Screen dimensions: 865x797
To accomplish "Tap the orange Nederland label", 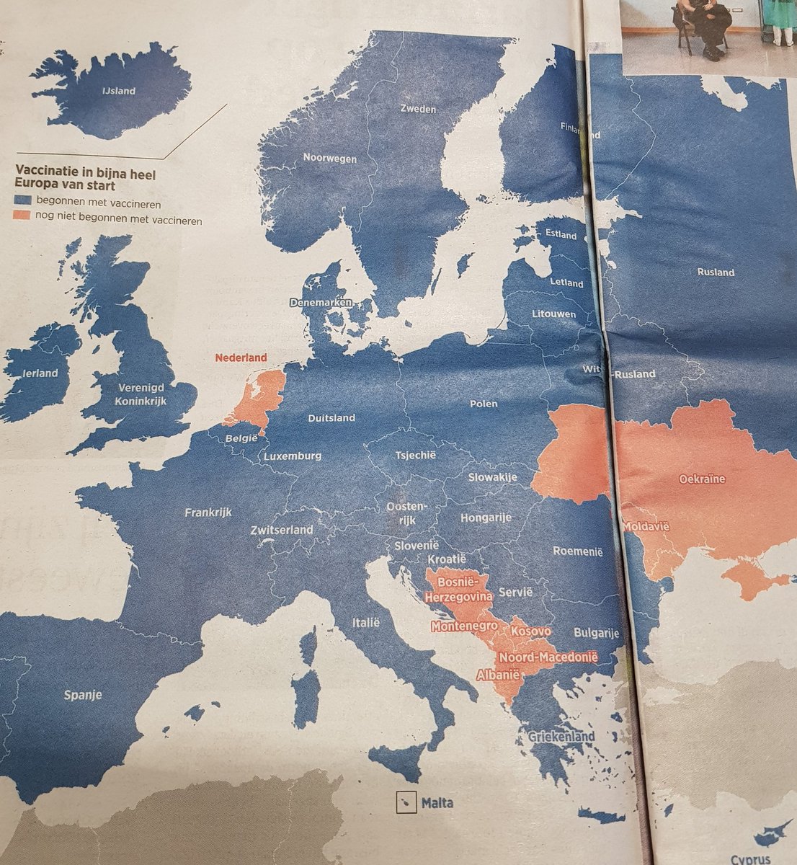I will [241, 358].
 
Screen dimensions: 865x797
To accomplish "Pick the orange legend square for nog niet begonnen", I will [23, 221].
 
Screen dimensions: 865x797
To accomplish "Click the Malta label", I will [437, 802].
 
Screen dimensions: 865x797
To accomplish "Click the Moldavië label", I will [646, 527].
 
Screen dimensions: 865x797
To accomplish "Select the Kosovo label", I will [530, 631].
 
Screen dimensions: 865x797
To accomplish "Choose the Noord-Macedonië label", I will [548, 657].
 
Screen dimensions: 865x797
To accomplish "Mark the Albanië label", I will [498, 676].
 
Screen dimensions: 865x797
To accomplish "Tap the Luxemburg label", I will [292, 456].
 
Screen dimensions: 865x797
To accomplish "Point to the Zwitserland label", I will [282, 530].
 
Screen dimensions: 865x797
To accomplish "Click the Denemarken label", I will [320, 303].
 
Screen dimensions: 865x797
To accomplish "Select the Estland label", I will [561, 235].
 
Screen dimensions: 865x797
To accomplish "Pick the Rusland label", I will [716, 272].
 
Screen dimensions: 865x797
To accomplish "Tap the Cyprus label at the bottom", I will [751, 859].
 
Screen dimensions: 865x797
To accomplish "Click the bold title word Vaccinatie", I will [44, 174].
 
